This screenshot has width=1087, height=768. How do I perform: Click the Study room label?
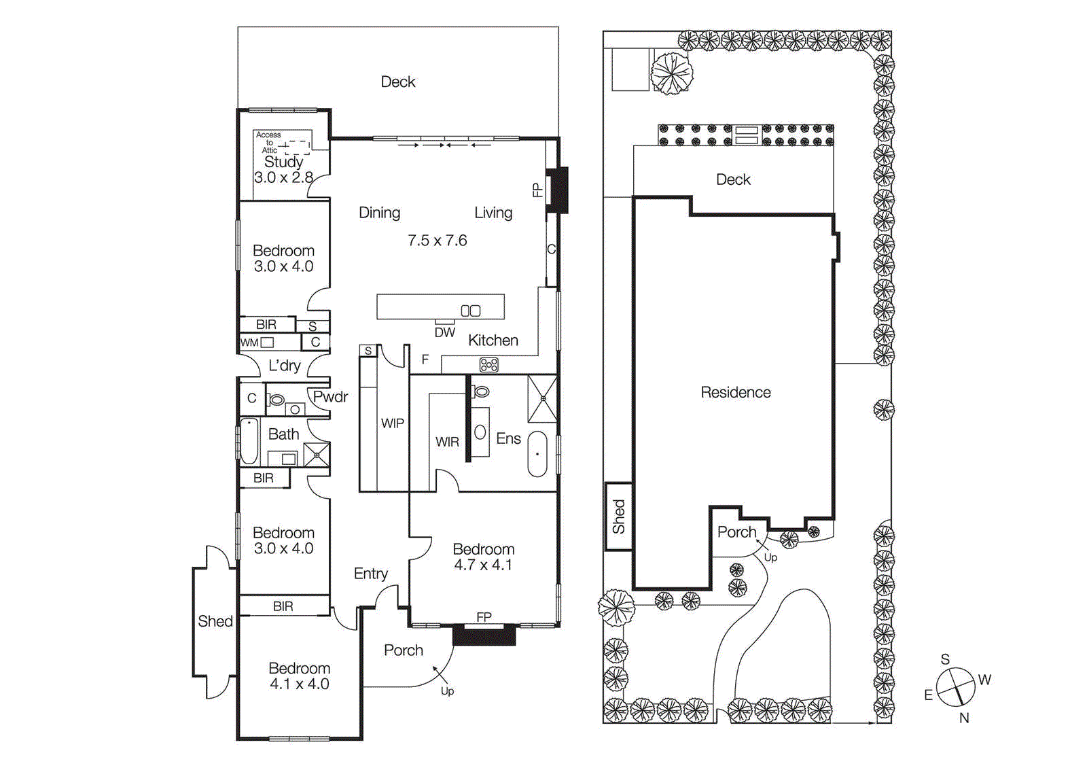point(283,162)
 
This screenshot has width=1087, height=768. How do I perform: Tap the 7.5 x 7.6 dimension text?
point(437,241)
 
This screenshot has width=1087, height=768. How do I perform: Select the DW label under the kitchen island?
point(444,332)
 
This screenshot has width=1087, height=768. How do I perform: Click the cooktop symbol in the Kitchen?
point(488,365)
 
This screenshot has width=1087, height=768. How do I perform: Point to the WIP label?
point(392,423)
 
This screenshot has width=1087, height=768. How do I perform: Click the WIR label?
point(447,442)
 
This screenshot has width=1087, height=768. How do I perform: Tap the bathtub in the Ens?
point(537,453)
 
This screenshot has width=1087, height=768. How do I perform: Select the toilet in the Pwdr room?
point(277,400)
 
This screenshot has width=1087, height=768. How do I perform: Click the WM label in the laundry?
point(249,343)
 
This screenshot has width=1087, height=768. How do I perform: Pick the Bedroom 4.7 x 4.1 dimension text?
point(483,565)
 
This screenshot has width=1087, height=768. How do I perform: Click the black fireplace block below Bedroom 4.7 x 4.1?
point(484,635)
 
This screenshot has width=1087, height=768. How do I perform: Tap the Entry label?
point(370,574)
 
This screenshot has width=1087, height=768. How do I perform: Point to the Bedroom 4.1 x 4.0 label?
point(299,676)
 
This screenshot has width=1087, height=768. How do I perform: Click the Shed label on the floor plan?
point(215,621)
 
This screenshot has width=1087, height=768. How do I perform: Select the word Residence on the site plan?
point(735,392)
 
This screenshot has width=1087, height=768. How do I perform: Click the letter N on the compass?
point(963,718)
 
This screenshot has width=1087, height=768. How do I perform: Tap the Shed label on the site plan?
point(618,517)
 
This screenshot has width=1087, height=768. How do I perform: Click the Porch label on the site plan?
point(736,532)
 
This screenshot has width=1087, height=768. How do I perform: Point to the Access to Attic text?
point(269,142)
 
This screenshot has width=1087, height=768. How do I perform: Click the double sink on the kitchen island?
point(470,311)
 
